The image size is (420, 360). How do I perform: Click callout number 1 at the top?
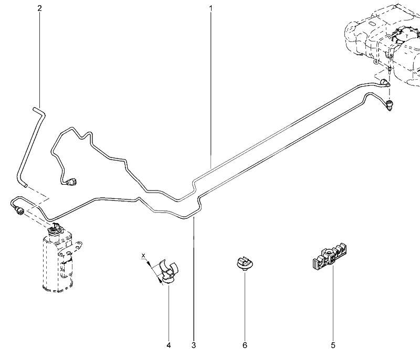pos(211,9)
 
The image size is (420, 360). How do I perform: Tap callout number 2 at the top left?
pos(39,9)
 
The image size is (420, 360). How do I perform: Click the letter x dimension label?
pos(143,256)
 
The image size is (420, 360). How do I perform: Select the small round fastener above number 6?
pos(243,262)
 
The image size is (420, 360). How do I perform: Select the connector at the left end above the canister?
pos(20,210)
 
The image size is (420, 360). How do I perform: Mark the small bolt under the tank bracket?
pos(389,68)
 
